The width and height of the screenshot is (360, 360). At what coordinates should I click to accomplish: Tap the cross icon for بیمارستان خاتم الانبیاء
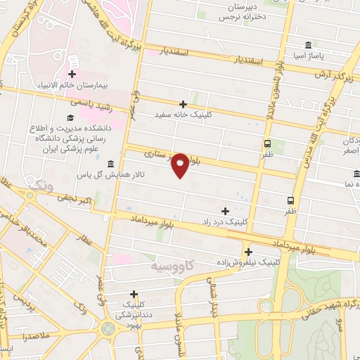coord(72,74)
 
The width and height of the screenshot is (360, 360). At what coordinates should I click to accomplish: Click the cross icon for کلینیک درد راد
coord(225,210)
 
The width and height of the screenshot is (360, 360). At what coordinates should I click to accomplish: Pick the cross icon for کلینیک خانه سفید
coord(184,104)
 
